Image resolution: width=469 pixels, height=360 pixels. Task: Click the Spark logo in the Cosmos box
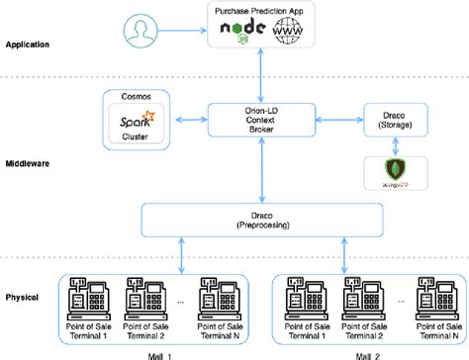[138, 121]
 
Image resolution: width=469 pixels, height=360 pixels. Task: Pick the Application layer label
[29, 45]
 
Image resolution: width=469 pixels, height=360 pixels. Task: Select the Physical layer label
[24, 296]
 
